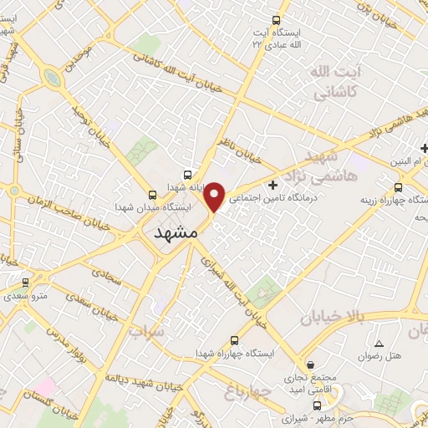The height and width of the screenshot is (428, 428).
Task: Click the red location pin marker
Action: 215,197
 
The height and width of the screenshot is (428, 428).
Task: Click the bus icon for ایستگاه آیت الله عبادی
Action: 278,20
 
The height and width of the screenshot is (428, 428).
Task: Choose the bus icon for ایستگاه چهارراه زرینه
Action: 397,187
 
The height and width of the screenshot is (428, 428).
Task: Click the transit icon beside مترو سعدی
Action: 25,283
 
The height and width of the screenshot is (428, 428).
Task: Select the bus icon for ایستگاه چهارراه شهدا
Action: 233,340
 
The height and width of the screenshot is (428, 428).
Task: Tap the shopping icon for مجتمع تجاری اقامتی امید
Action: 310,364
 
